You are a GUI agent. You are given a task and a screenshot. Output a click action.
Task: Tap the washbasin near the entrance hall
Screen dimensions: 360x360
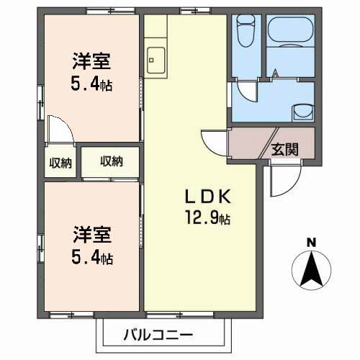[302, 112]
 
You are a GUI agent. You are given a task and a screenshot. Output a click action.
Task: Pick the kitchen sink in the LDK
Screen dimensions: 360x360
[156, 57]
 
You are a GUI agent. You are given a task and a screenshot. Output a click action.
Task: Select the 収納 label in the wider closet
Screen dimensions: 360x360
[111, 161]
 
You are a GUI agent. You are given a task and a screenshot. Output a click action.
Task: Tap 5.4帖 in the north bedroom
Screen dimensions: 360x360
[91, 84]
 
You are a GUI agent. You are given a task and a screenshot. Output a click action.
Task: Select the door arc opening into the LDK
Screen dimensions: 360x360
[214, 141]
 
